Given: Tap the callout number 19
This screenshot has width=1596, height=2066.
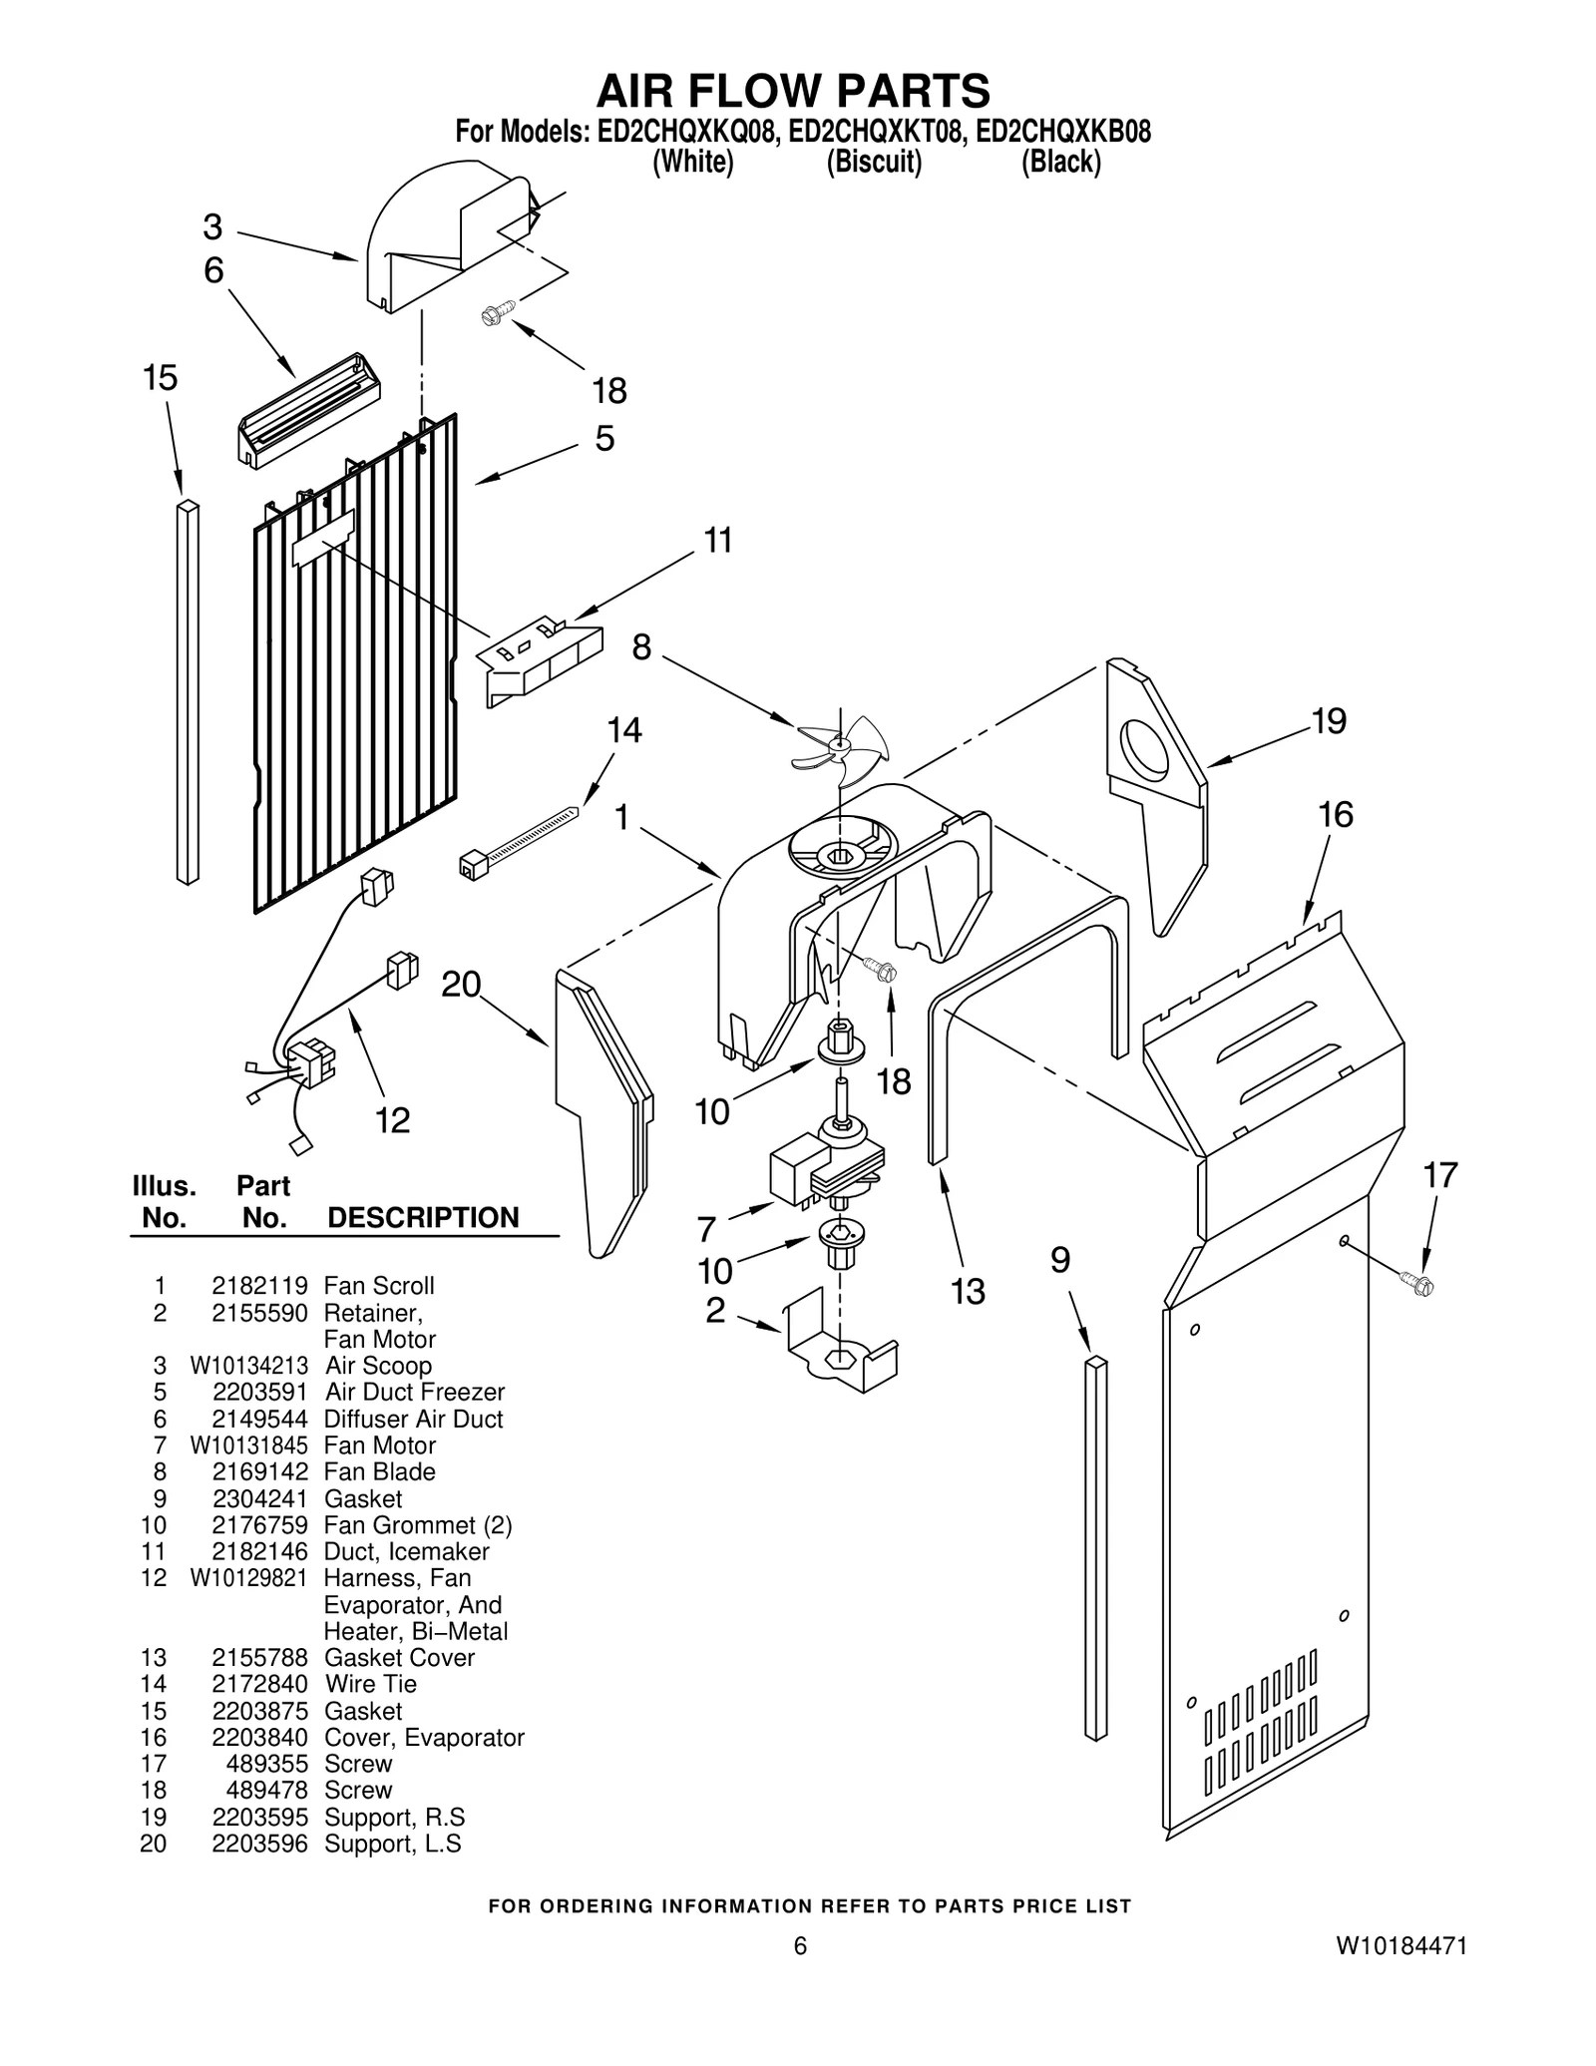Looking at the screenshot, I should (x=1329, y=721).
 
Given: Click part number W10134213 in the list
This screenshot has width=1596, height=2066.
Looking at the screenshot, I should (x=249, y=1366).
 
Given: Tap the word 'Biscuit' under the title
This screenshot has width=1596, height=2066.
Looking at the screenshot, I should (x=874, y=162).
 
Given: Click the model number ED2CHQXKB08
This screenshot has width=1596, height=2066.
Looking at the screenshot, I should (x=1063, y=132).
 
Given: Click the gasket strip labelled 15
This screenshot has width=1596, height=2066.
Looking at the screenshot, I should (x=188, y=692).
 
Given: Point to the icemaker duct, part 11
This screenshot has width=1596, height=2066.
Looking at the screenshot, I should (x=542, y=659).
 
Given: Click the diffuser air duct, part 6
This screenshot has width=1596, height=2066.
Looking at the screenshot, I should (x=308, y=410).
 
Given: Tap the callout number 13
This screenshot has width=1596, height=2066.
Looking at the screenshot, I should (x=968, y=1291).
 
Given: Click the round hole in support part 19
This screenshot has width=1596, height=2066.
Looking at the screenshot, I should (x=1145, y=750).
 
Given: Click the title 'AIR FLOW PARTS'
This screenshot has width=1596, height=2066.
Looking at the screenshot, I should (x=793, y=91).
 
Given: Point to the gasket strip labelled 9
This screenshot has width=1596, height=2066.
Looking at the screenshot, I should (x=1095, y=1547).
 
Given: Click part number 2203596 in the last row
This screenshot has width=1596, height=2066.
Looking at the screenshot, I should (x=259, y=1844).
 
